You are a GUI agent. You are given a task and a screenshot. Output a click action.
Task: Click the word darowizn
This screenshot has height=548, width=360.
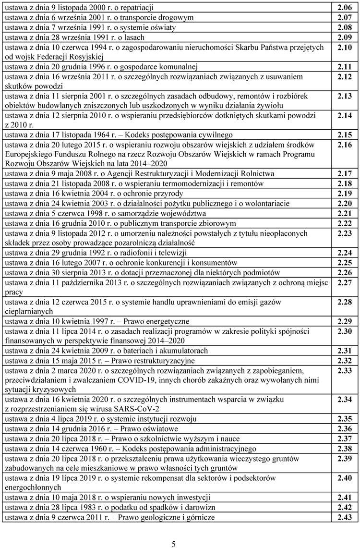tap(198, 507)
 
